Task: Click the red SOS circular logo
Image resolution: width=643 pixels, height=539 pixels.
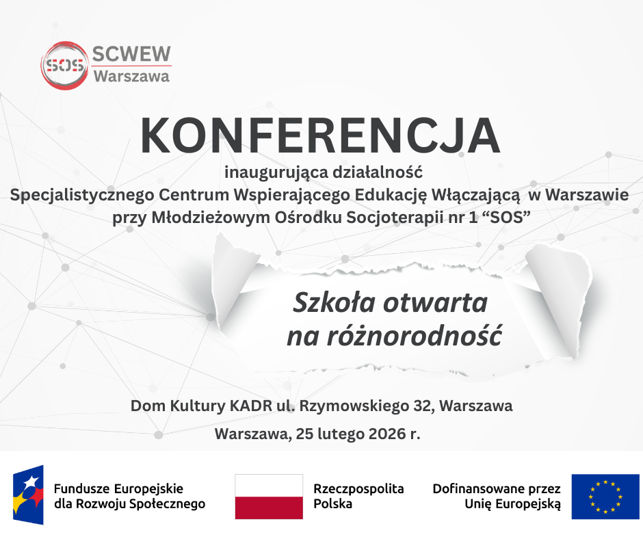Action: click(64, 65)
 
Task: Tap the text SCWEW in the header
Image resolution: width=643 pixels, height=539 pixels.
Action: click(131, 54)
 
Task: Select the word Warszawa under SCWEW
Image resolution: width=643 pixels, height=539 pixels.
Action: click(131, 77)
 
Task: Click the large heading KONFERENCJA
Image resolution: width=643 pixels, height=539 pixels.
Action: click(320, 136)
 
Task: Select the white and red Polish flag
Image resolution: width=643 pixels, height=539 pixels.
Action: click(269, 496)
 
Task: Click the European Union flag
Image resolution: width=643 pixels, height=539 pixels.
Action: click(605, 497)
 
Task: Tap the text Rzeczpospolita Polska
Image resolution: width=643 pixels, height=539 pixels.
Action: click(358, 497)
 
